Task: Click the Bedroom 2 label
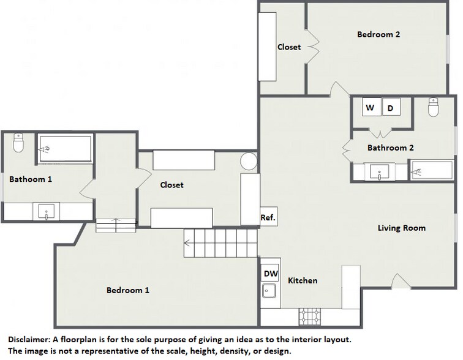pyautogui.click(x=378, y=35)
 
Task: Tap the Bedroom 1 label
pyautogui.click(x=127, y=290)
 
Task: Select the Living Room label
pyautogui.click(x=401, y=228)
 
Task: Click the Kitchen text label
pyautogui.click(x=303, y=280)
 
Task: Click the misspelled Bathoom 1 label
pyautogui.click(x=30, y=179)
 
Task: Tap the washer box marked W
pyautogui.click(x=370, y=108)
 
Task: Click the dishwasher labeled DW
pyautogui.click(x=269, y=274)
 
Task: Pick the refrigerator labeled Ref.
pyautogui.click(x=268, y=217)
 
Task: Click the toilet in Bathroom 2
pyautogui.click(x=434, y=108)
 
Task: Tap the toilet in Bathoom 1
pyautogui.click(x=18, y=144)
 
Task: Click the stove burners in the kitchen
pyautogui.click(x=309, y=317)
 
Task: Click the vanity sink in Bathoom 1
pyautogui.click(x=47, y=212)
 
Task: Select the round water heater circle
pyautogui.click(x=248, y=162)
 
